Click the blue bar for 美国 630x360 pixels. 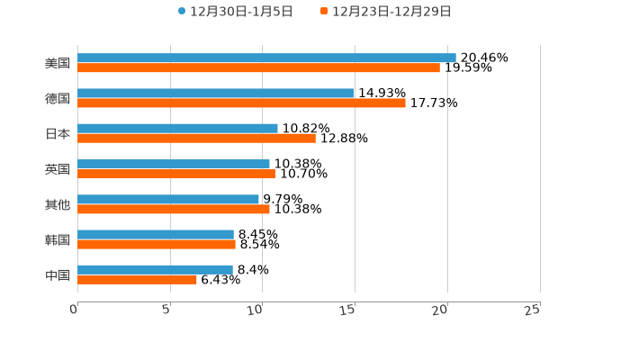point(266,58)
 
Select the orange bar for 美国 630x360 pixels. point(258,67)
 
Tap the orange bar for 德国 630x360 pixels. point(241,103)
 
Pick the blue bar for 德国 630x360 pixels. point(215,93)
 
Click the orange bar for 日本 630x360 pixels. point(196,138)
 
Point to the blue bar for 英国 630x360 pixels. point(174,164)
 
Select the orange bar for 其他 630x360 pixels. point(174,209)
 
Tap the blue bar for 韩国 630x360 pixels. point(156,234)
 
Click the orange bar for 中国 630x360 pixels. point(137,279)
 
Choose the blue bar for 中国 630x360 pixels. point(155,269)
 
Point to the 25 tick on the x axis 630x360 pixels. point(533,310)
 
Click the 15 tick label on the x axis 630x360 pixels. point(348,310)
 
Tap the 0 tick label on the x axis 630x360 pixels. point(74,310)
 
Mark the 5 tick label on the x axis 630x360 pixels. point(166,310)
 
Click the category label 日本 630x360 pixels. point(58,133)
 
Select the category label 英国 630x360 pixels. point(58,169)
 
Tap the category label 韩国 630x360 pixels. point(58,239)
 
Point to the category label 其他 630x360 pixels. point(58,204)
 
